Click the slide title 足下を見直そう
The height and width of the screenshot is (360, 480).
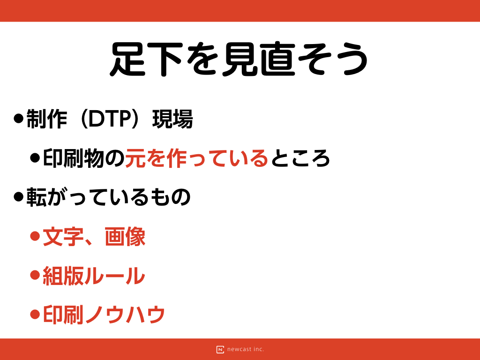(x=239, y=59)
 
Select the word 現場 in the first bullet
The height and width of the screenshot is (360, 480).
(x=172, y=119)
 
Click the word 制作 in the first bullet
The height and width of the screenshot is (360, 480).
(x=47, y=119)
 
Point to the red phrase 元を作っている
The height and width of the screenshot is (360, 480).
(x=197, y=158)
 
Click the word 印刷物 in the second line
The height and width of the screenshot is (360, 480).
(x=74, y=158)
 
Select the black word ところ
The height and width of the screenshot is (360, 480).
(x=300, y=158)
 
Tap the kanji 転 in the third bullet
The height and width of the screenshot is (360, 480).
(x=37, y=197)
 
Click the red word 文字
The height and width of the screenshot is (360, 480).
(x=63, y=237)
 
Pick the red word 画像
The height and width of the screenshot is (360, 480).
(x=125, y=237)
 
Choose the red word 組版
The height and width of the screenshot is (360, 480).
(x=63, y=276)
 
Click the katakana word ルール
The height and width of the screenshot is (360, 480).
(x=114, y=276)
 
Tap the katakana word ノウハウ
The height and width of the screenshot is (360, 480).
(x=125, y=315)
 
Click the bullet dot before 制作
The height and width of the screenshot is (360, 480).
(x=19, y=119)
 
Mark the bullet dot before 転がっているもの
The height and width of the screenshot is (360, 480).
(x=19, y=197)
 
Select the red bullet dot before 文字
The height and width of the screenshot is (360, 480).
(x=35, y=236)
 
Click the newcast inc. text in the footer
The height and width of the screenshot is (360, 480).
(x=246, y=349)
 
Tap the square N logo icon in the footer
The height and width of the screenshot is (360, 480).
(x=220, y=350)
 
